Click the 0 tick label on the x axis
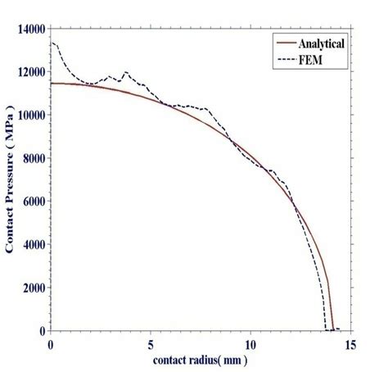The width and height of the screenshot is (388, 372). pyautogui.click(x=51, y=343)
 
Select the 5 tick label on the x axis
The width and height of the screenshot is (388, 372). pyautogui.click(x=151, y=343)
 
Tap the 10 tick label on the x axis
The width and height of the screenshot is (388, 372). pyautogui.click(x=250, y=343)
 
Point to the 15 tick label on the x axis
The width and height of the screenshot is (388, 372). pyautogui.click(x=350, y=343)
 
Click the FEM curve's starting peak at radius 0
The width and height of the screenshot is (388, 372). pyautogui.click(x=52, y=43)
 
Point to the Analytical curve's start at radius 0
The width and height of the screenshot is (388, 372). pyautogui.click(x=52, y=84)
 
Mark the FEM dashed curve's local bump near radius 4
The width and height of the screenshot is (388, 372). pyautogui.click(x=126, y=73)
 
